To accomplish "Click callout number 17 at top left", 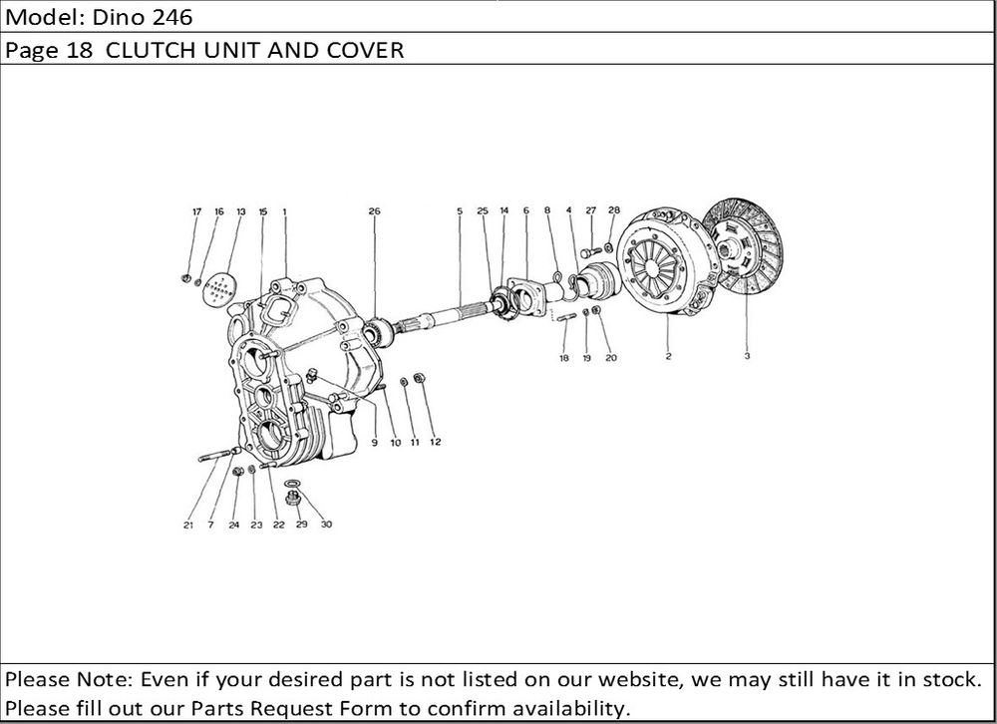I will click(196, 211).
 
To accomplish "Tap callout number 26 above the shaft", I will click(374, 211).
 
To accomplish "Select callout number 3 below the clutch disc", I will click(747, 355).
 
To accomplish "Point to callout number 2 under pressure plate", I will click(668, 355).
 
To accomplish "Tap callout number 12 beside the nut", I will click(435, 442).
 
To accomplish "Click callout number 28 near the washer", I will click(614, 210).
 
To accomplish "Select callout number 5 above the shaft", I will click(460, 211).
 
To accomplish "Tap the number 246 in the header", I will click(145, 17).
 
